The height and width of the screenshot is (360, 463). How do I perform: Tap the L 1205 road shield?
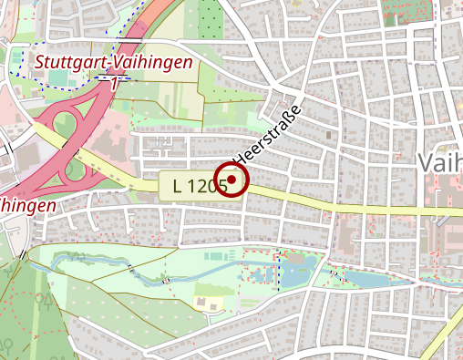tap(194, 185)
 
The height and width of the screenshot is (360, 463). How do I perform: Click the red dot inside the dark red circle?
tap(232, 180)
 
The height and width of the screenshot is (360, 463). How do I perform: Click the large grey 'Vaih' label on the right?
tap(440, 161)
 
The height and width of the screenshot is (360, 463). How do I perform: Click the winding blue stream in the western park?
tap(91, 264)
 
